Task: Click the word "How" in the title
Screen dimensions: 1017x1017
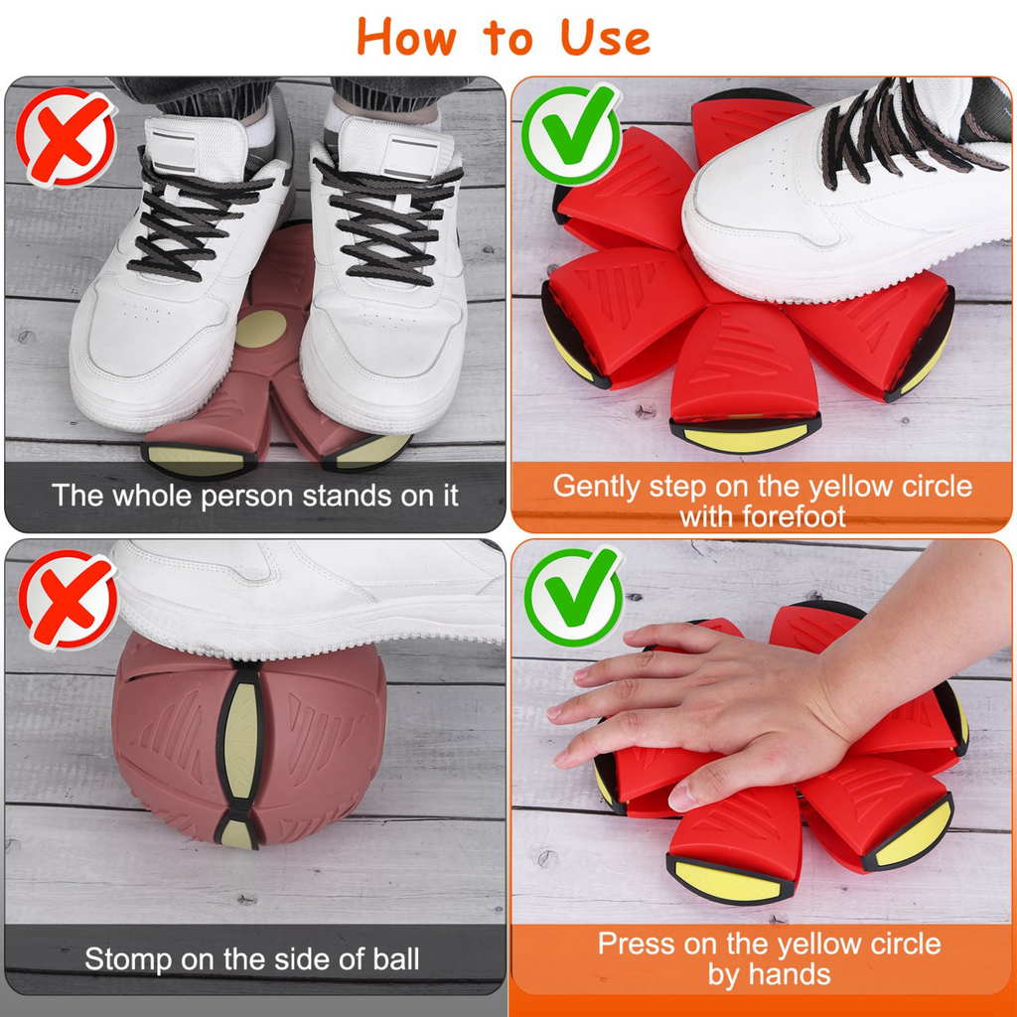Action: (x=406, y=37)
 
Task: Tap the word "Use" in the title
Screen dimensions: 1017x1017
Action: (x=605, y=37)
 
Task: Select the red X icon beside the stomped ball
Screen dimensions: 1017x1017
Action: (x=68, y=600)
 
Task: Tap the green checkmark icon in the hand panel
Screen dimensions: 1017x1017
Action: (x=573, y=596)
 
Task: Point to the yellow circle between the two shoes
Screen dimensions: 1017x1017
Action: (x=260, y=328)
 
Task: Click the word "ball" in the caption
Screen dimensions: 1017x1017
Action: (x=395, y=959)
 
